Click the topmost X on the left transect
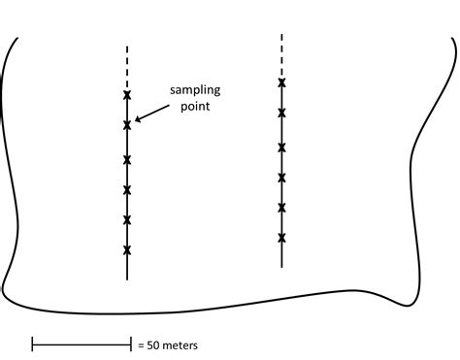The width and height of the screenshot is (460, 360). pos(127,95)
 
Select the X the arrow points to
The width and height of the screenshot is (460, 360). pos(127,125)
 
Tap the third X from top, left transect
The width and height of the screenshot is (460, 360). pos(127,159)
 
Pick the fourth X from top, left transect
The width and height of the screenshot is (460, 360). pos(127,189)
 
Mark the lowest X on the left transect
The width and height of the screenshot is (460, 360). pos(127,250)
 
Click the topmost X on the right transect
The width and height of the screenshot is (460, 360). pos(281,83)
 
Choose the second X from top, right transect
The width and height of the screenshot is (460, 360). pos(281,114)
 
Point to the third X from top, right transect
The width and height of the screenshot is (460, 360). pos(281,147)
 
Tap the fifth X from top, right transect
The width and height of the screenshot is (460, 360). pos(281,208)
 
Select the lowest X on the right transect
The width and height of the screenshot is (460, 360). pos(281,238)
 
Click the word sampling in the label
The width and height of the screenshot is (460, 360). pos(196,91)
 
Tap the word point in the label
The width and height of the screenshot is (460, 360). pos(196,108)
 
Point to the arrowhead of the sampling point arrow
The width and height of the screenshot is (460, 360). pos(137,120)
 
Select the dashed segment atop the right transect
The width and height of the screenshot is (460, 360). pos(281,53)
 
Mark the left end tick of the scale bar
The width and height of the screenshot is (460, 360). pos(33,344)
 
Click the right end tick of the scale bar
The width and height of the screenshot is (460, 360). pos(130,344)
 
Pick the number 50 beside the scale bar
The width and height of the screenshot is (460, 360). pos(155,344)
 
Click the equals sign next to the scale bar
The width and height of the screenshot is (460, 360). pos(141,344)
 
